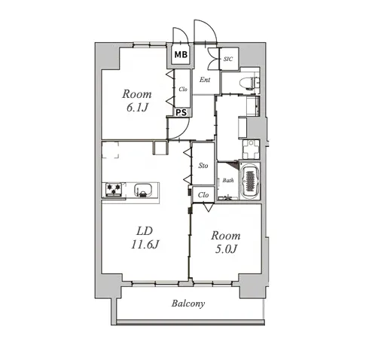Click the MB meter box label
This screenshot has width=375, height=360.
pos(181,54)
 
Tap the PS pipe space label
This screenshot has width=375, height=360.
pos(181,112)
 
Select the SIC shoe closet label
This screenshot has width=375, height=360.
pos(228,59)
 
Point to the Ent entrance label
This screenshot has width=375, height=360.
pos(205,80)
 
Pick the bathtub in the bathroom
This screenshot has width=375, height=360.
pos(250,181)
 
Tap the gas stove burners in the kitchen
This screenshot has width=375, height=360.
pos(114,189)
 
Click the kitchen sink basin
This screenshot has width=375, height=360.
pos(142,189)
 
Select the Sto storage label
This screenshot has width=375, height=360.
pos(203,166)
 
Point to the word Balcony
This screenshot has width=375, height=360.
pos(188,304)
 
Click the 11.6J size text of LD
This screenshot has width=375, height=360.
pos(145,244)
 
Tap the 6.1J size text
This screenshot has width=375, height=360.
pos(137,108)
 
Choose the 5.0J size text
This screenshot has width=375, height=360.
pos(226,249)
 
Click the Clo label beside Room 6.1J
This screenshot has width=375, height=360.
pos(183,89)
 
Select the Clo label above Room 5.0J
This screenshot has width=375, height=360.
pos(203,195)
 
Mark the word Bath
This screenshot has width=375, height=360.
pos(228,180)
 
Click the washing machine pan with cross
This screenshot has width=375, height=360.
pos(251,149)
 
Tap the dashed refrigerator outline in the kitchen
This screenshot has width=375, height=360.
pos(111,150)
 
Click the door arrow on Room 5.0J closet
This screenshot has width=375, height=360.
pos(208,207)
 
